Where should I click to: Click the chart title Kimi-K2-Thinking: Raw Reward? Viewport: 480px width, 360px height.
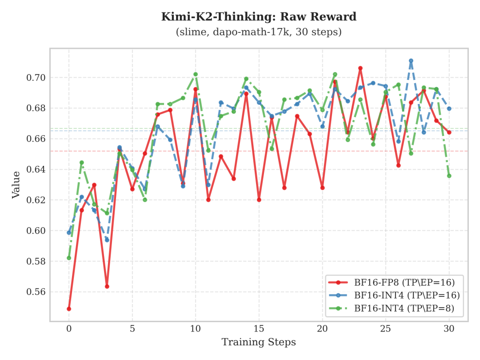259,17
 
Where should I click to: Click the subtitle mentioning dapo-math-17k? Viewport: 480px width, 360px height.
259,32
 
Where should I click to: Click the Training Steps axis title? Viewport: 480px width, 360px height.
259,342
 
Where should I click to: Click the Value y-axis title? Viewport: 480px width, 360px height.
16,184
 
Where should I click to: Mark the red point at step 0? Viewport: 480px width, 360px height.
69,309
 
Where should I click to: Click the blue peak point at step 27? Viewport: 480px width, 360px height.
411,60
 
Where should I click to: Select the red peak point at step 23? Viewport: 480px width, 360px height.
360,68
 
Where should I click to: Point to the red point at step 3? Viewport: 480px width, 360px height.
107,286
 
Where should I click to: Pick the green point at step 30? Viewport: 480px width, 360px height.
449,176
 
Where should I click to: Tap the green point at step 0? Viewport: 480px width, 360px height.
69,258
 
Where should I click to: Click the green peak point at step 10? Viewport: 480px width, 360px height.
196,74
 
